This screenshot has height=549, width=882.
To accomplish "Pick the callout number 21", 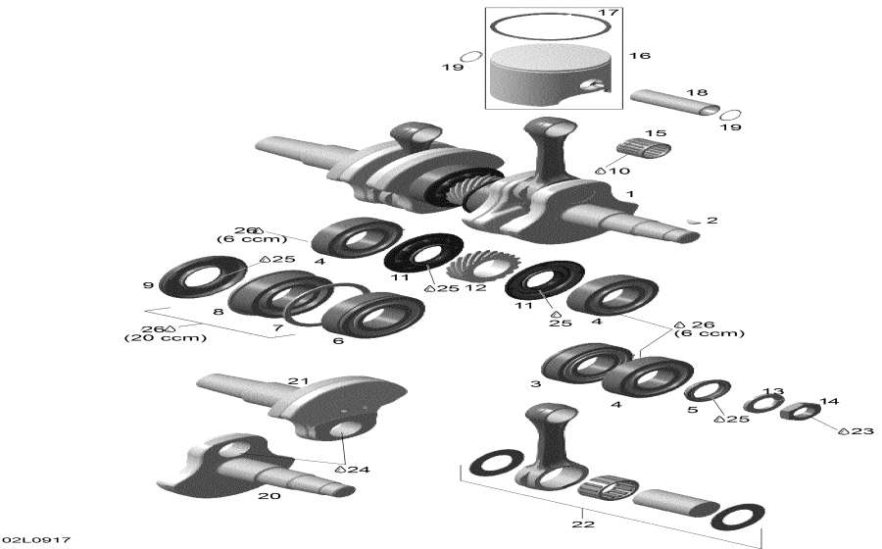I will tap(298, 380).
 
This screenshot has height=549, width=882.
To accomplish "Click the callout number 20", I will tap(268, 495).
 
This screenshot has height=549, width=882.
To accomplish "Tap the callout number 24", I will tap(358, 470).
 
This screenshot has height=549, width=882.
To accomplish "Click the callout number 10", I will tap(620, 171).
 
